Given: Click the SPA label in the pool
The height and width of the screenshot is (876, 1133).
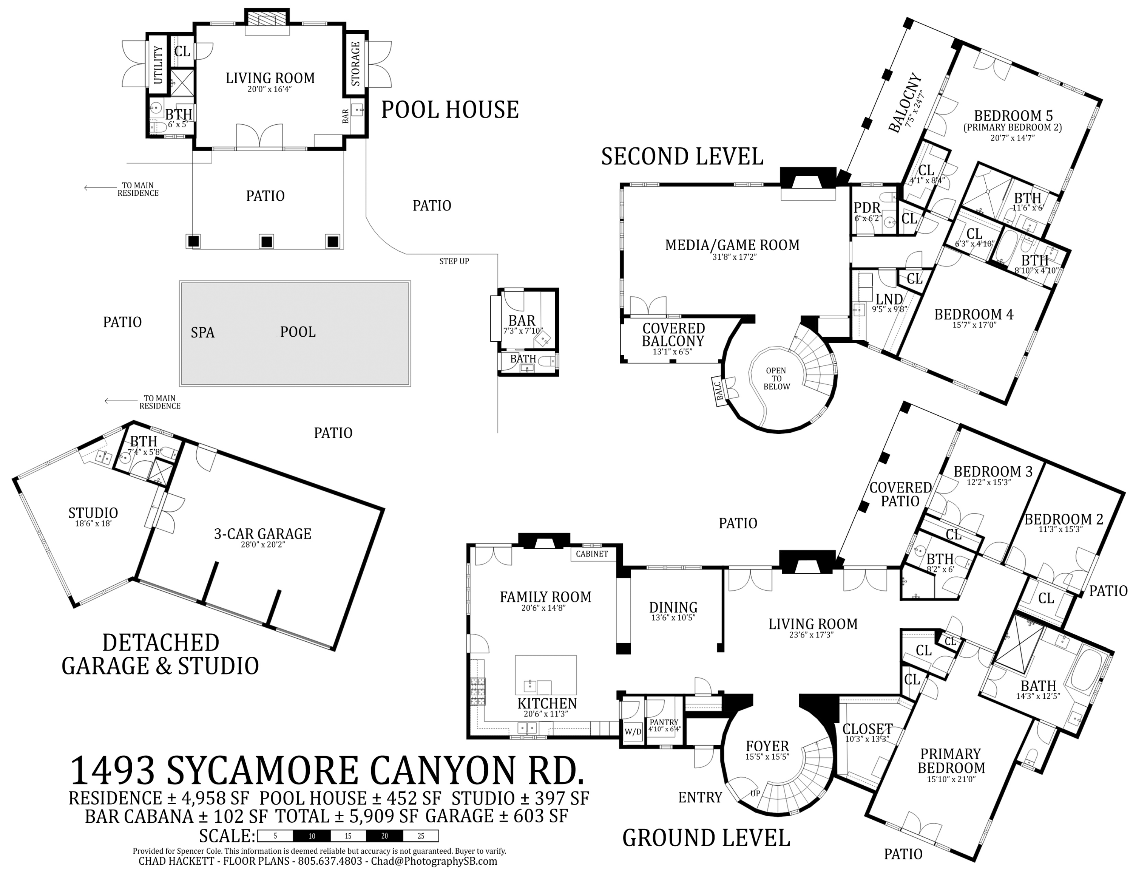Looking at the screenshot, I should pyautogui.click(x=202, y=333).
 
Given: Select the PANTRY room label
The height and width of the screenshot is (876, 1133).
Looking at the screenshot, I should pyautogui.click(x=664, y=723).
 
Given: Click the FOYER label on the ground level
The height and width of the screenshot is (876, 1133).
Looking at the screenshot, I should pyautogui.click(x=767, y=747).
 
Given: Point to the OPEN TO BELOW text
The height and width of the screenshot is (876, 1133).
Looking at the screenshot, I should pyautogui.click(x=776, y=378).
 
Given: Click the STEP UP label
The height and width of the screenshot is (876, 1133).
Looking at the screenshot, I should pyautogui.click(x=454, y=261).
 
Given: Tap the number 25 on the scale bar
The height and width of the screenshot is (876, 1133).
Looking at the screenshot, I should pyautogui.click(x=420, y=836).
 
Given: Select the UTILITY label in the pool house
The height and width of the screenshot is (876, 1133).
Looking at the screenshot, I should pyautogui.click(x=158, y=65).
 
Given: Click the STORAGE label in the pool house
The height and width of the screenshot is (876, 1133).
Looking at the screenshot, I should pyautogui.click(x=355, y=64).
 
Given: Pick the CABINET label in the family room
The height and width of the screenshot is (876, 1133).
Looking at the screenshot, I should pyautogui.click(x=591, y=554).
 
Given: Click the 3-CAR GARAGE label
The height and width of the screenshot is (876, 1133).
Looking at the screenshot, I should pyautogui.click(x=262, y=534).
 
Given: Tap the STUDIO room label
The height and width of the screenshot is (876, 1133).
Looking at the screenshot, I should pyautogui.click(x=93, y=513).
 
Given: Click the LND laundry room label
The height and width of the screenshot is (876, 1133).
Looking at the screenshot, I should pyautogui.click(x=889, y=299).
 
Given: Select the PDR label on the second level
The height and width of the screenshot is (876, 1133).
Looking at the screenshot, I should pyautogui.click(x=867, y=209).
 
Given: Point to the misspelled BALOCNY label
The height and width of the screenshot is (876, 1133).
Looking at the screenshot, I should pyautogui.click(x=906, y=103).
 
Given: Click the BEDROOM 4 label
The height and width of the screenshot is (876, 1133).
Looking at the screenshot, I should pyautogui.click(x=973, y=314).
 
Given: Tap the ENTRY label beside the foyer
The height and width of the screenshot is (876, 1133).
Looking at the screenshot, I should pyautogui.click(x=700, y=797).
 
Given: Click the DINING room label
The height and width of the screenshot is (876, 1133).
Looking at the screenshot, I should pyautogui.click(x=673, y=608).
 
